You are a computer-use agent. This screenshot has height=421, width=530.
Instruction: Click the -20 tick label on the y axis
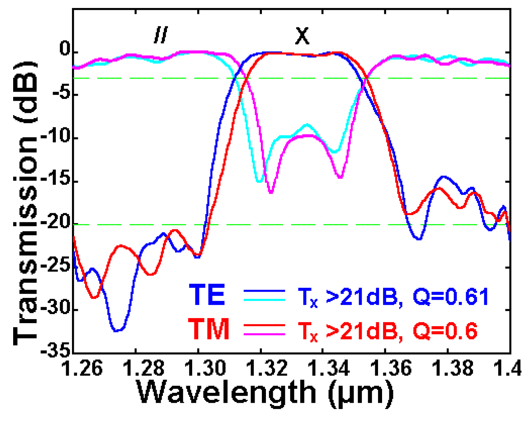coord(56,224)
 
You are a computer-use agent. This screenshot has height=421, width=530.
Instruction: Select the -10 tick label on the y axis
coord(56,138)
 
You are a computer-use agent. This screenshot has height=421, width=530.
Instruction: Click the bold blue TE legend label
coord(207,295)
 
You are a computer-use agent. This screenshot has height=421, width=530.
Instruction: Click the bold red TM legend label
coord(209,329)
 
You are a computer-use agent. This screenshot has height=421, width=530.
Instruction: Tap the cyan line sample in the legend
coord(264,299)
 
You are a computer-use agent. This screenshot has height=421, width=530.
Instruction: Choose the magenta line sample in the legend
coord(264,334)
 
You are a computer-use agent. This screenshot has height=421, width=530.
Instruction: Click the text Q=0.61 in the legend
coord(451,296)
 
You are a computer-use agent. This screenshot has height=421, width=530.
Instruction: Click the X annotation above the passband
coord(302,36)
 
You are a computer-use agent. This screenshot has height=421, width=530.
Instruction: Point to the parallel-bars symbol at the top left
coord(160,35)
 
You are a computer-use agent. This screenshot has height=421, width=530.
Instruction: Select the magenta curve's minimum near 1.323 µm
coord(271,192)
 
